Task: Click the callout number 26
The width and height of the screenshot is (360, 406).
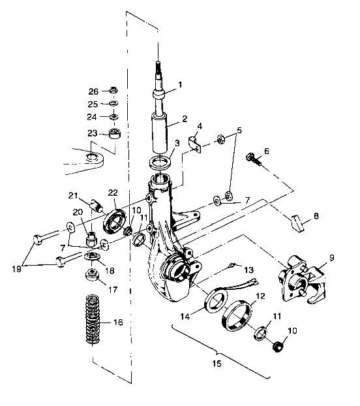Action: click(93, 91)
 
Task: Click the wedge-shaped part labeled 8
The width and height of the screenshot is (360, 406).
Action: click(297, 223)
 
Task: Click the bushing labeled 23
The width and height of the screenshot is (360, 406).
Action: click(114, 134)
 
